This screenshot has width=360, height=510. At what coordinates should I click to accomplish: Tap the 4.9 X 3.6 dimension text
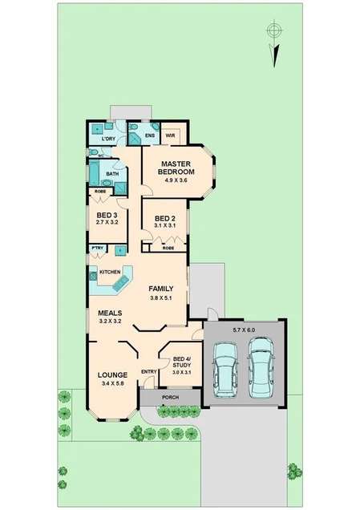point(175,180)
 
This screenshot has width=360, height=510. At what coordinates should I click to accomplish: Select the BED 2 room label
point(165,218)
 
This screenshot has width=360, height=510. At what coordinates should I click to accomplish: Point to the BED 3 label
point(107,214)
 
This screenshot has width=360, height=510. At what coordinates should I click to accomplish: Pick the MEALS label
point(110,314)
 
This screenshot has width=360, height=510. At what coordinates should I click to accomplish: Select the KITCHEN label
point(110,273)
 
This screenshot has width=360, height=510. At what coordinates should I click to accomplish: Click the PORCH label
point(170,398)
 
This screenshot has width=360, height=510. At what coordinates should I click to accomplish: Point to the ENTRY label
point(148,371)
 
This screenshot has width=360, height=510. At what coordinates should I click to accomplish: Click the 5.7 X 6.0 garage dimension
point(243,330)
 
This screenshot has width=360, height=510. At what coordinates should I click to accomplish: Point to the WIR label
point(170,136)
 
